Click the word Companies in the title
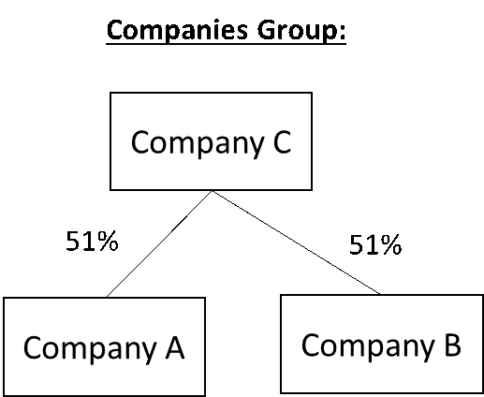coord(177,30)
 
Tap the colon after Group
coord(342,32)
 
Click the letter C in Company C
coord(282,141)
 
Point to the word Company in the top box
coord(198,143)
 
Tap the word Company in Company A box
coord(90,349)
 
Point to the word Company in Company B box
coord(368,346)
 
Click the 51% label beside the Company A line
coord(92,241)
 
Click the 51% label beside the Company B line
coord(375,244)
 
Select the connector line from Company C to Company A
coord(159,243)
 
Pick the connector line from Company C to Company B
coord(296,243)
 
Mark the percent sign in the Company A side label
coord(108,241)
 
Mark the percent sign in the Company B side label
coord(391,244)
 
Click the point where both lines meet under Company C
coord(212,191)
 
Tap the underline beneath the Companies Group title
coord(226,45)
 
